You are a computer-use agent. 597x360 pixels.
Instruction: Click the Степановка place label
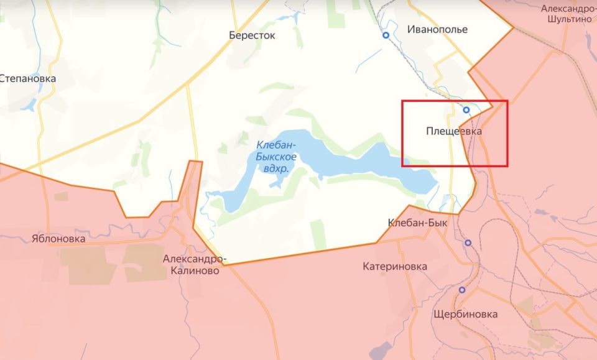(x=28, y=79)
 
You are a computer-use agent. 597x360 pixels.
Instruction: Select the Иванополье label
(x=437, y=29)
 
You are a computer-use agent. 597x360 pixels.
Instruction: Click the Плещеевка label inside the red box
(x=454, y=132)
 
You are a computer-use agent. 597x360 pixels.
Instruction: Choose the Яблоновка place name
(x=58, y=238)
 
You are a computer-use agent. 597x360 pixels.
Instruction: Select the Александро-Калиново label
(x=193, y=264)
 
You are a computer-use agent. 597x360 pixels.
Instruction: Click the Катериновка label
(x=395, y=266)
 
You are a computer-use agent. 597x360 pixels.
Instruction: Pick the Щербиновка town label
(x=467, y=314)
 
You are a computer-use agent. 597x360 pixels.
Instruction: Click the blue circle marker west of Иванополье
(x=386, y=35)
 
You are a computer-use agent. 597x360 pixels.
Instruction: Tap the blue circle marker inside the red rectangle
(x=466, y=110)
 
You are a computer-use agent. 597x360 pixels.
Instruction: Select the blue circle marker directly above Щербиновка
(x=462, y=290)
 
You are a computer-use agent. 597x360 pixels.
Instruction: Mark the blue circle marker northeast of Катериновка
(x=468, y=242)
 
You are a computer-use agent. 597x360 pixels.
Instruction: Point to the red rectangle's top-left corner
(x=402, y=101)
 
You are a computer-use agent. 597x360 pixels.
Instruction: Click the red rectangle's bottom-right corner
(x=507, y=166)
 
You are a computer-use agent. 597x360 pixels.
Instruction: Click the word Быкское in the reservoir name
(x=275, y=157)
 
